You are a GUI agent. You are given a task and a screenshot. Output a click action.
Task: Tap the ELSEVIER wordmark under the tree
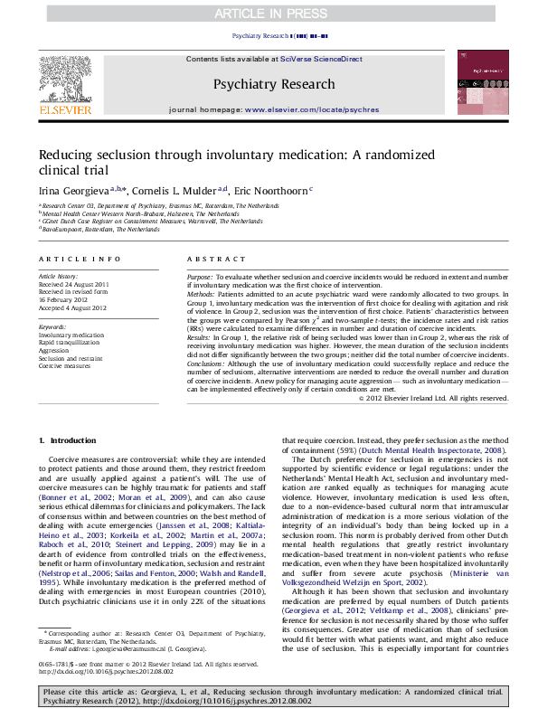pyautogui.click(x=65, y=109)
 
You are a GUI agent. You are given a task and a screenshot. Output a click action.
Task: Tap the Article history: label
pyautogui.click(x=59, y=274)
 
